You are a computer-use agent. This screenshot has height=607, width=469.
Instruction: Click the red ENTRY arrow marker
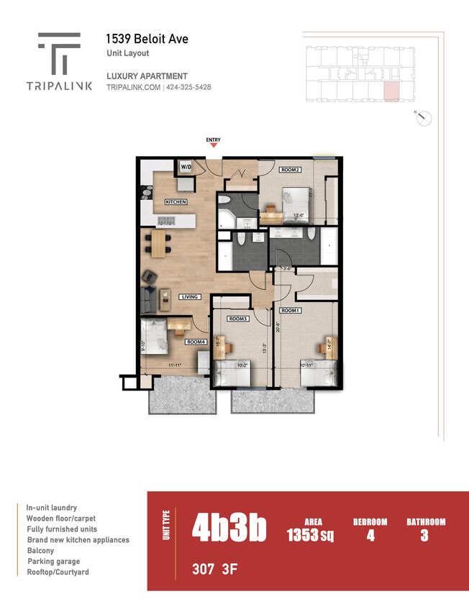[213, 146]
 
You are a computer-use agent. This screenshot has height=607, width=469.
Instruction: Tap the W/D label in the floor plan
[186, 167]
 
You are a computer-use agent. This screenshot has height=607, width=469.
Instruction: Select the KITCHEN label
[176, 202]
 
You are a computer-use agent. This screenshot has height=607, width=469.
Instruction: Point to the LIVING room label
[190, 296]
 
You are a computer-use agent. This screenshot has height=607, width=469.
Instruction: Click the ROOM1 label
[289, 311]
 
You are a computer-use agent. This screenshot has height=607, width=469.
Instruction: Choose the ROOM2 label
[290, 170]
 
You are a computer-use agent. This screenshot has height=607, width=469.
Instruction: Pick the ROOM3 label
[238, 318]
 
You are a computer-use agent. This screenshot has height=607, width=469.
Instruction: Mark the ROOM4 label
[195, 342]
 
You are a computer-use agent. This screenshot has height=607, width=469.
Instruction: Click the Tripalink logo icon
[60, 53]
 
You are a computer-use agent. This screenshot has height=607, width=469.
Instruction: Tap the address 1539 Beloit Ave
[147, 39]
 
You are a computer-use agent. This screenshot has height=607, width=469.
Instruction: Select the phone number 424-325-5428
[188, 87]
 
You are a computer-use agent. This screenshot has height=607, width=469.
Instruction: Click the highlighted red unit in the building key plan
[390, 92]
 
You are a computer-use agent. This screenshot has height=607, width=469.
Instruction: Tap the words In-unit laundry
[52, 508]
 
